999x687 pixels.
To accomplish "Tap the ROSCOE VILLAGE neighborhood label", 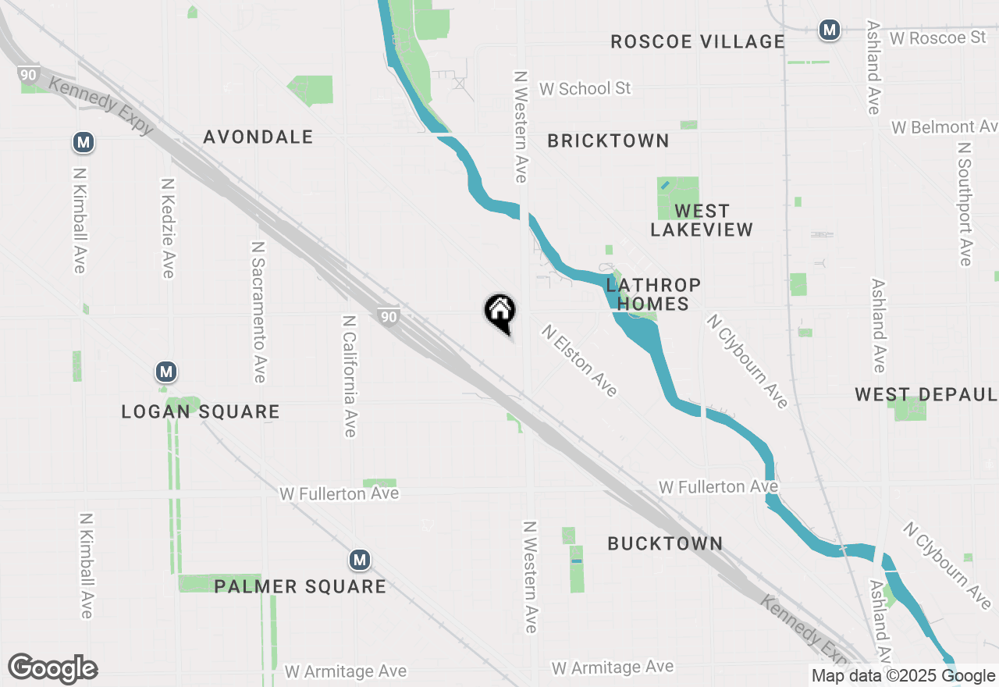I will (697, 41).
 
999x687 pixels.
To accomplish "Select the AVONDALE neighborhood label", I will (258, 137).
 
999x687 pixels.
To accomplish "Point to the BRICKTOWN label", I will (608, 141).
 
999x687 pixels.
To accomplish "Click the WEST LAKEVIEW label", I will (702, 220).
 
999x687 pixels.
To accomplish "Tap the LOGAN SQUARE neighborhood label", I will (201, 411).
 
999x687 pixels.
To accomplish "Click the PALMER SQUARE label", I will (300, 586).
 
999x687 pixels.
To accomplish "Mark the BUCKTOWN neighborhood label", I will (665, 543).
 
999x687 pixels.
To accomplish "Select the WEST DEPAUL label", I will (926, 394).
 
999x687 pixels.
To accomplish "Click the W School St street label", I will (585, 89).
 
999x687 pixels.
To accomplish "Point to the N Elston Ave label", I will (580, 360).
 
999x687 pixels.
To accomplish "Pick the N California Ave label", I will (350, 376).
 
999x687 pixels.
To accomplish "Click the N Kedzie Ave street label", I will (167, 227).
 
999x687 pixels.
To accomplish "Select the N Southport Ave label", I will (965, 203).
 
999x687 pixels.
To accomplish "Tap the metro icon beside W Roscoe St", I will (829, 30).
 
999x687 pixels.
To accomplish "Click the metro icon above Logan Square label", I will (165, 372).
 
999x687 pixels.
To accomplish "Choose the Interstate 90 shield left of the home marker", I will (388, 316).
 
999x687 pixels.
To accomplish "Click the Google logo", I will (53, 669).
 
